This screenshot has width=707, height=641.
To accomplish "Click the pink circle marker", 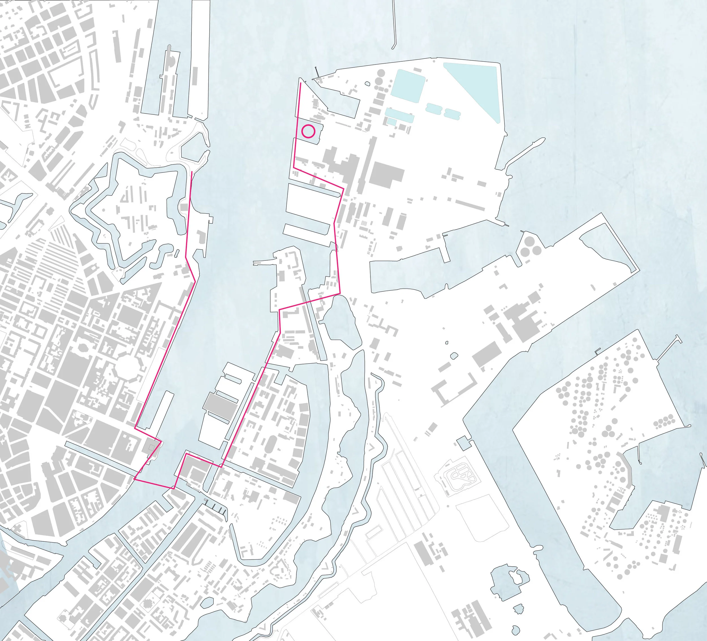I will coord(308,131).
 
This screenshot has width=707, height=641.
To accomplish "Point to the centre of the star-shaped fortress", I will coord(137,210).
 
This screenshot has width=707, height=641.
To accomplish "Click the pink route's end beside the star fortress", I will coord(191,172).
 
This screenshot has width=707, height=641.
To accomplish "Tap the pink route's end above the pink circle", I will coord(301,84).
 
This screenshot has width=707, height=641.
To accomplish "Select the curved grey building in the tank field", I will coord(628,470).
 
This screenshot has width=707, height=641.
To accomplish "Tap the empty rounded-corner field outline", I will coord(482,517).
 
